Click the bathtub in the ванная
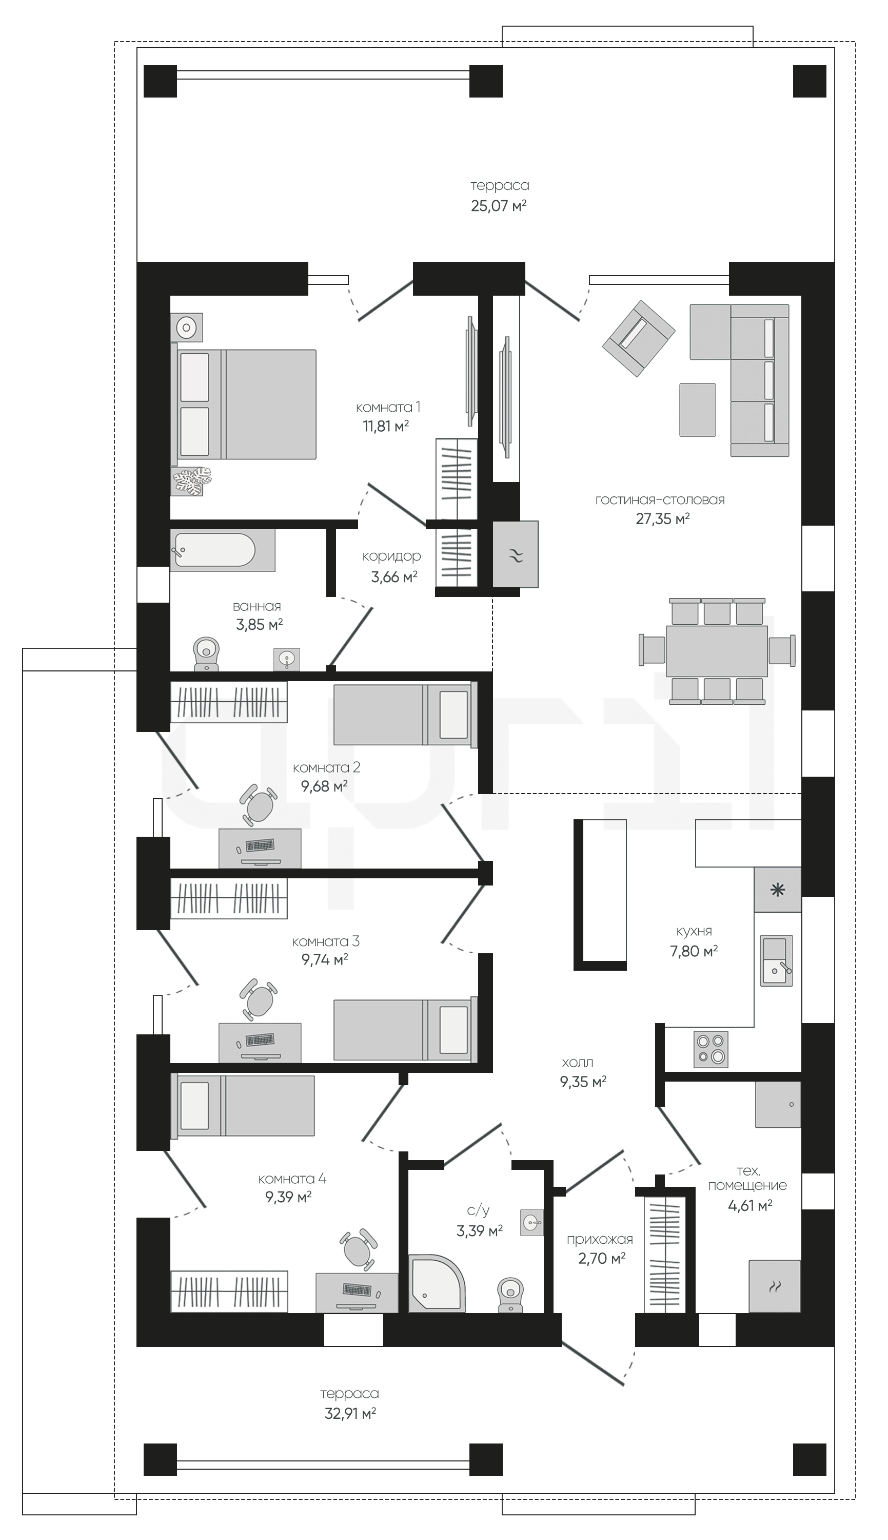pyautogui.click(x=222, y=550)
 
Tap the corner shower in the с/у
pyautogui.click(x=436, y=1282)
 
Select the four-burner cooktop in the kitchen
pyautogui.click(x=711, y=1049)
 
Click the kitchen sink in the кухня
pyautogui.click(x=776, y=960)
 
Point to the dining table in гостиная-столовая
pyautogui.click(x=717, y=650)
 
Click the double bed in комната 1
pyautogui.click(x=244, y=404)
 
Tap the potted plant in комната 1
pyautogui.click(x=191, y=481)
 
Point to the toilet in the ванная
pyautogui.click(x=206, y=654)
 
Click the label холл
pyautogui.click(x=578, y=1062)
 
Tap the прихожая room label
pyautogui.click(x=600, y=1239)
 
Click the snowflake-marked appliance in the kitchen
pyautogui.click(x=778, y=890)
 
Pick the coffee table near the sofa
pyautogui.click(x=698, y=410)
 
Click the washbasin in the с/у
pyautogui.click(x=532, y=1222)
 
